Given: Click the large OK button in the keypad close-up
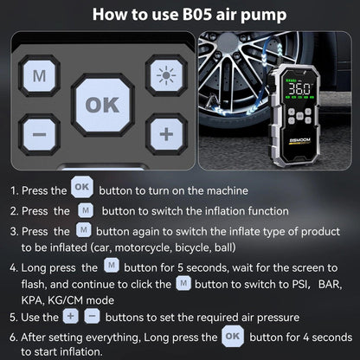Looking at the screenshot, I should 103,106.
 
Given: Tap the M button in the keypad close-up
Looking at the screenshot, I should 39,75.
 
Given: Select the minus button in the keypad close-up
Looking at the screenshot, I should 39,134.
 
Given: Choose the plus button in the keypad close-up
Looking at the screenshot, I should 164,133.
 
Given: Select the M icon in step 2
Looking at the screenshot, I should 84,209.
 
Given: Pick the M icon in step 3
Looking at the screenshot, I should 84,230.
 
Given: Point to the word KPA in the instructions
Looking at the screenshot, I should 31,299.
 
